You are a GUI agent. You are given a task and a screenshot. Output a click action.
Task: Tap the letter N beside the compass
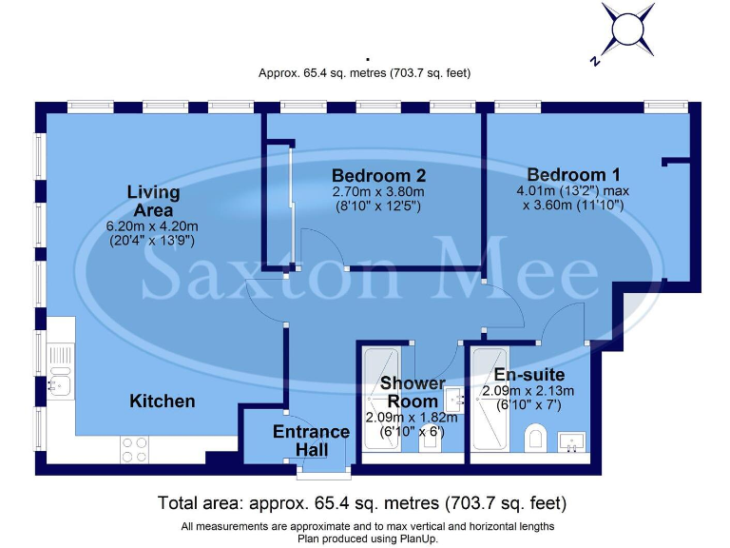[x=594, y=61]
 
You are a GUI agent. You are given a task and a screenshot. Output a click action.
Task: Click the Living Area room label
[x=153, y=201]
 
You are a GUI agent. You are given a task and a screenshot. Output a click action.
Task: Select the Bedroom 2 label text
[x=377, y=175]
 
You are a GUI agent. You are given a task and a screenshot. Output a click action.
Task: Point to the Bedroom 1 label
[x=573, y=174]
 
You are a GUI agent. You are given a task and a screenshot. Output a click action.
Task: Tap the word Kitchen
[x=163, y=401]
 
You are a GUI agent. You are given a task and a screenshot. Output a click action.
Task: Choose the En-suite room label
[x=529, y=375]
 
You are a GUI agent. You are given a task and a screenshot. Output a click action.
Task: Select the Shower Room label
[x=413, y=392]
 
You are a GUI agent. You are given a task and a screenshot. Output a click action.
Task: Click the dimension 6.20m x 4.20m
[x=153, y=225]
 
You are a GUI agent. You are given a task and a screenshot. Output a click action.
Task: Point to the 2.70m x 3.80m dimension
[x=377, y=191]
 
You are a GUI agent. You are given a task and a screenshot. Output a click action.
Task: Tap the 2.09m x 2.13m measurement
[x=528, y=391]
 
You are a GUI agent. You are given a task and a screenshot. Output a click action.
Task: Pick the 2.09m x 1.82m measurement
[x=412, y=417]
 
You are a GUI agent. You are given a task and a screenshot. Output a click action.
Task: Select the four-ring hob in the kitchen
[x=135, y=448]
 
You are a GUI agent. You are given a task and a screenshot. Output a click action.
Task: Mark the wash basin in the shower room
[x=453, y=401]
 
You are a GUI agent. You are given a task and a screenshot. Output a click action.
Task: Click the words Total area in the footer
[x=197, y=502]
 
